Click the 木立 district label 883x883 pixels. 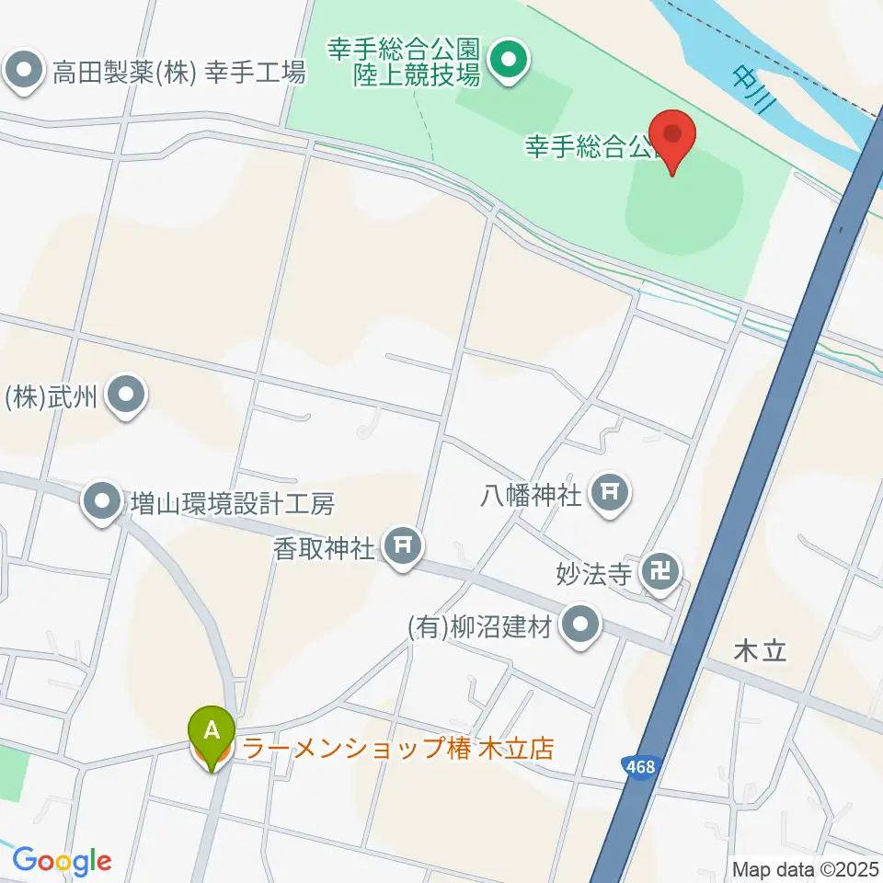pyautogui.click(x=762, y=651)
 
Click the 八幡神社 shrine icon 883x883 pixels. pyautogui.click(x=610, y=493)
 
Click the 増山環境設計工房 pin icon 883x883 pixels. pyautogui.click(x=102, y=501)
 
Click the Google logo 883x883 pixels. pyautogui.click(x=62, y=862)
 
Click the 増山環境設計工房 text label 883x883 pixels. pyautogui.click(x=232, y=503)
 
